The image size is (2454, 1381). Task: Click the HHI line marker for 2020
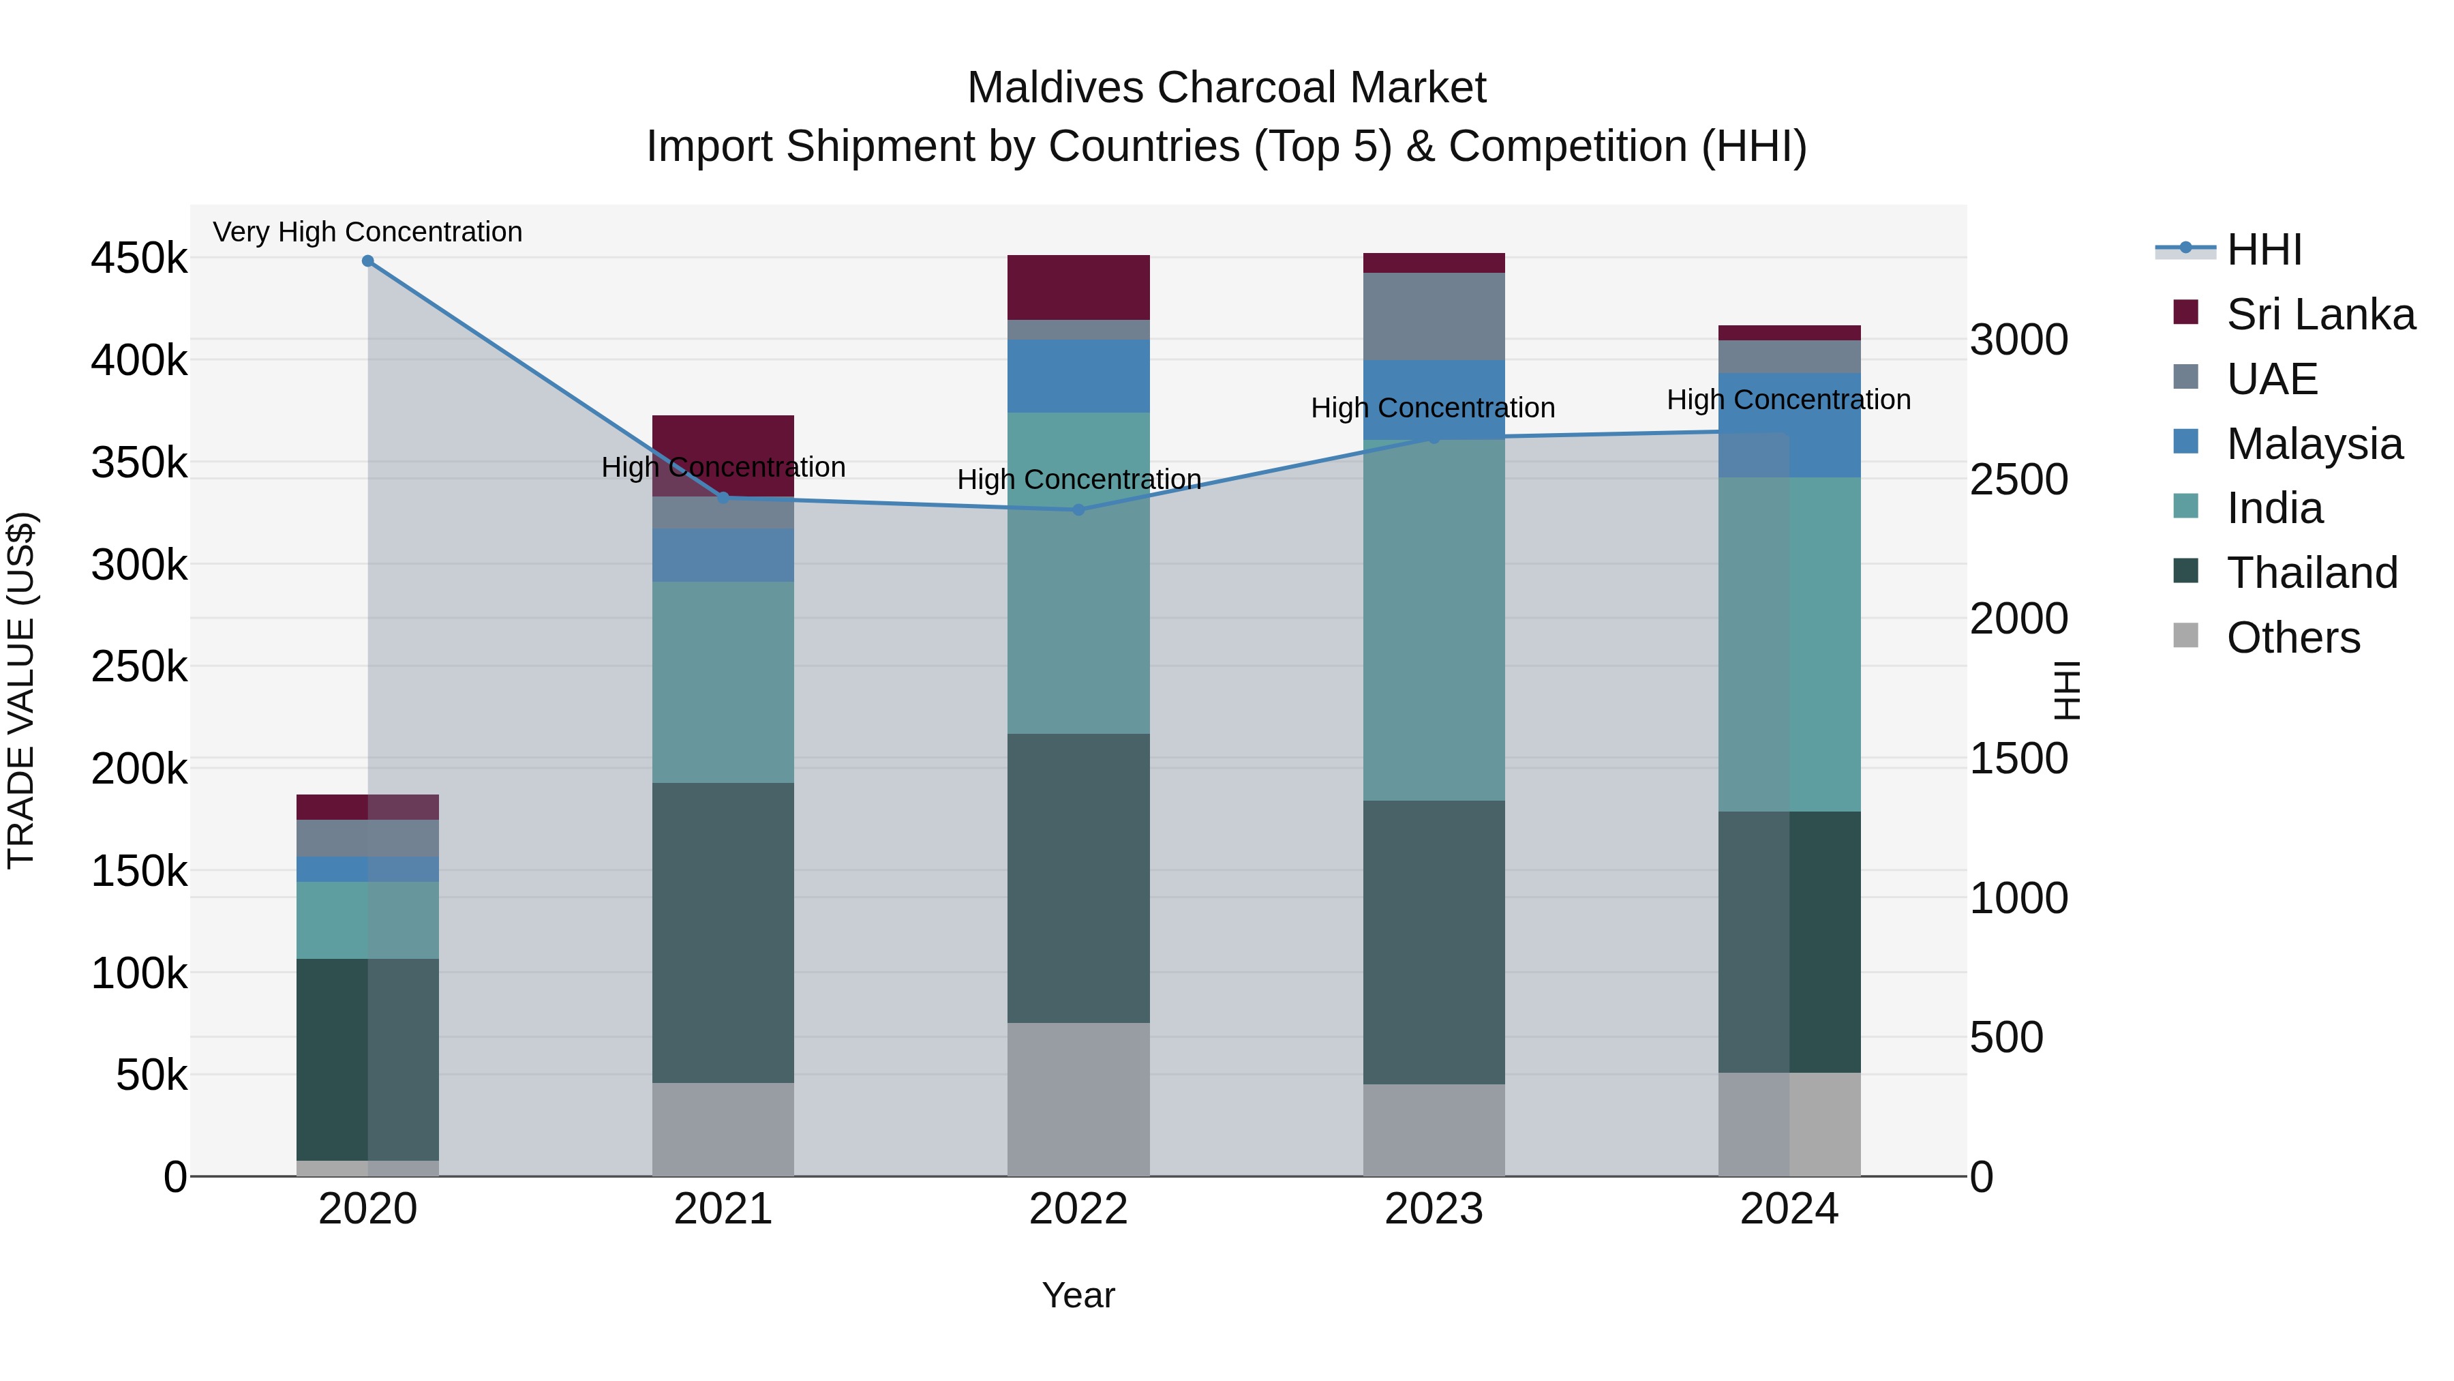(367, 261)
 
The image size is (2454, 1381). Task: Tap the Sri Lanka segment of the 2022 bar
(1078, 287)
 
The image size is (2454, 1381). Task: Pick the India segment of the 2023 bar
(1434, 619)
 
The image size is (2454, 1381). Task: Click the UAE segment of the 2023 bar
(1434, 316)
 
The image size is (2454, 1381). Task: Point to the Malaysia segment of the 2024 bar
(1789, 425)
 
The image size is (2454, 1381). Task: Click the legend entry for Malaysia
(2313, 444)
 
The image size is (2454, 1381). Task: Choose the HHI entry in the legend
(2262, 250)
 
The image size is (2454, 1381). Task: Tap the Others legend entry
(2292, 638)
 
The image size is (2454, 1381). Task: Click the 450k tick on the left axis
(139, 258)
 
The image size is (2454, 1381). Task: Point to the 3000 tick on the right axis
(2018, 340)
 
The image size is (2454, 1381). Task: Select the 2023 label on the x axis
(1434, 1209)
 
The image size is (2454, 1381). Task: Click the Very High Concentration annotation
(367, 232)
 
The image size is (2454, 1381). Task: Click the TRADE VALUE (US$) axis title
(21, 690)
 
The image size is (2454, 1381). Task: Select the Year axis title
(1078, 1295)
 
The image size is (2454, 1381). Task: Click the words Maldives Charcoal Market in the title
(1226, 88)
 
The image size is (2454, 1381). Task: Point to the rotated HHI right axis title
(2065, 690)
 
